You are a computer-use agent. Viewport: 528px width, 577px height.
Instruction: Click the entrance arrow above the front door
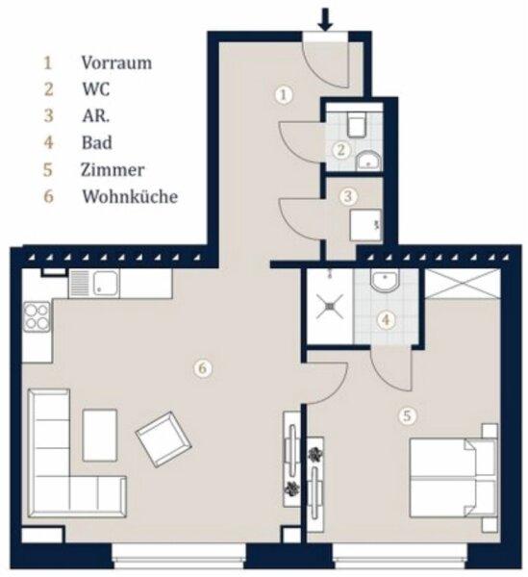pos(325,19)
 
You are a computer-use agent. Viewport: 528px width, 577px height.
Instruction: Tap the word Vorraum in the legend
pos(116,63)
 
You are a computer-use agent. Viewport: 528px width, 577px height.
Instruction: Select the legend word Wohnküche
pos(130,196)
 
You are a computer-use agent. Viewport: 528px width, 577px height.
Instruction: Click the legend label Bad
pos(97,142)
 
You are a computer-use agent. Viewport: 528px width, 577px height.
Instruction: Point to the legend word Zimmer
pos(113,169)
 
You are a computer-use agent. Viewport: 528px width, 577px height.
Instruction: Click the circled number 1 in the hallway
pos(284,95)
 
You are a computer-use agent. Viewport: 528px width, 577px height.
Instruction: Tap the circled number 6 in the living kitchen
pos(203,368)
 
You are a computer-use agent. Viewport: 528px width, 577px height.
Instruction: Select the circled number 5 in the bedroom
pos(408,416)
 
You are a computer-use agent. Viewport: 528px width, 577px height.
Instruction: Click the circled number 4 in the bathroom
pos(386,319)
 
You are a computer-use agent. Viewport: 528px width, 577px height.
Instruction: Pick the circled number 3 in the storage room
pos(348,196)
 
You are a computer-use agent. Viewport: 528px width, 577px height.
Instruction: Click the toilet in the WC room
pos(356,124)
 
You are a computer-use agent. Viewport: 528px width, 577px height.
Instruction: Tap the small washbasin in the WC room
pos(368,162)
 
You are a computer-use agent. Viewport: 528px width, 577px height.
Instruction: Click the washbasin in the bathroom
pos(385,280)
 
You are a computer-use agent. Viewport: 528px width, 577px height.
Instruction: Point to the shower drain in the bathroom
pos(330,306)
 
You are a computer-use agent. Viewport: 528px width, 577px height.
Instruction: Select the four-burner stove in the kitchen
pos(37,316)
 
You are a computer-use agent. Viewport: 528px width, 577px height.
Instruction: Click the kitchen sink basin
pos(106,284)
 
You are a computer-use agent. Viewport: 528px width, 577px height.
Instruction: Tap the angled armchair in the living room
pos(163,439)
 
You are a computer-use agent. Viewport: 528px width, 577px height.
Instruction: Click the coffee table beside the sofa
pos(100,436)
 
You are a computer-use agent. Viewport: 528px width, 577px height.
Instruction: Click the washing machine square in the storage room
pos(365,225)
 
